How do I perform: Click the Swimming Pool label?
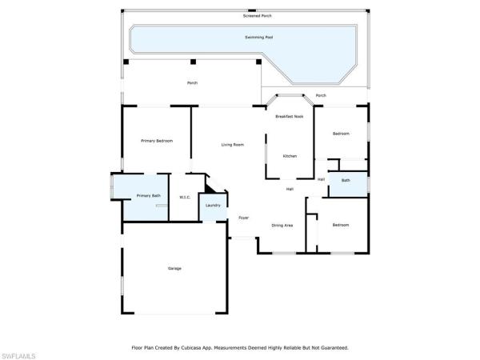pos(258,38)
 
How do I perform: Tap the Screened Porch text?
pos(257,16)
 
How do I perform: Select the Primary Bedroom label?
pos(157,141)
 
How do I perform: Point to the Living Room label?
pos(233,145)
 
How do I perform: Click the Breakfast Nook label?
pos(290,116)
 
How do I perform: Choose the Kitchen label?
pos(290,156)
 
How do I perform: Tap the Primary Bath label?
pos(149,196)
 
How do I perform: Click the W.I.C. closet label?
pos(185,198)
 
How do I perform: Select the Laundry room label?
pos(213,205)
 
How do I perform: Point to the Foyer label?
pos(244,218)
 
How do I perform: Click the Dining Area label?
pos(282,226)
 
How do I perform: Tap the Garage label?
pos(174,269)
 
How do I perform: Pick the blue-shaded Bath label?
pos(346,180)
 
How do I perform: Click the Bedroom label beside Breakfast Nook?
pos(341,134)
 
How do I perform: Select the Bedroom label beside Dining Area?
pos(341,225)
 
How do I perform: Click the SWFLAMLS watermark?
pos(18,356)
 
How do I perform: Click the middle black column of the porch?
pos(193,62)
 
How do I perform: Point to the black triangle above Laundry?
pos(210,189)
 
